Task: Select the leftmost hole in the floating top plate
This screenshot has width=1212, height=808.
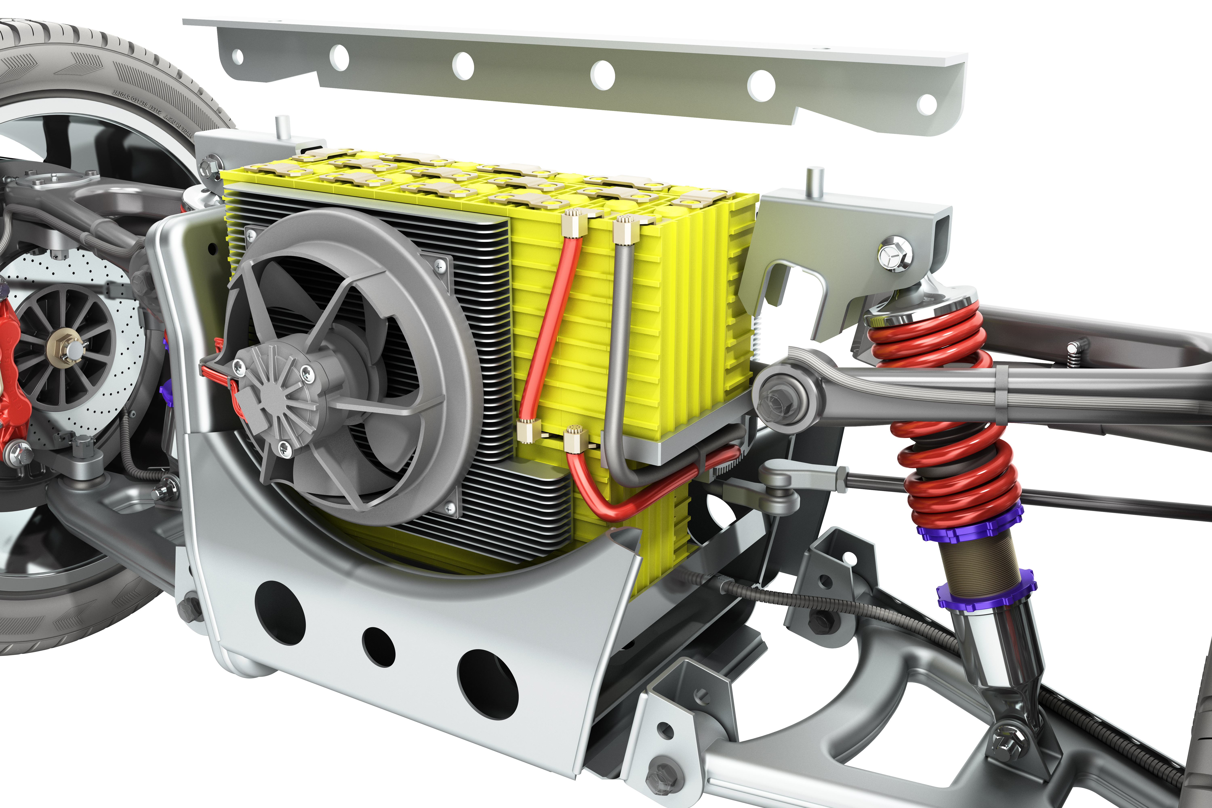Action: pyautogui.click(x=238, y=57)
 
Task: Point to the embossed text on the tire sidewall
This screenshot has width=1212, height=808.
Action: pyautogui.click(x=155, y=111)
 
